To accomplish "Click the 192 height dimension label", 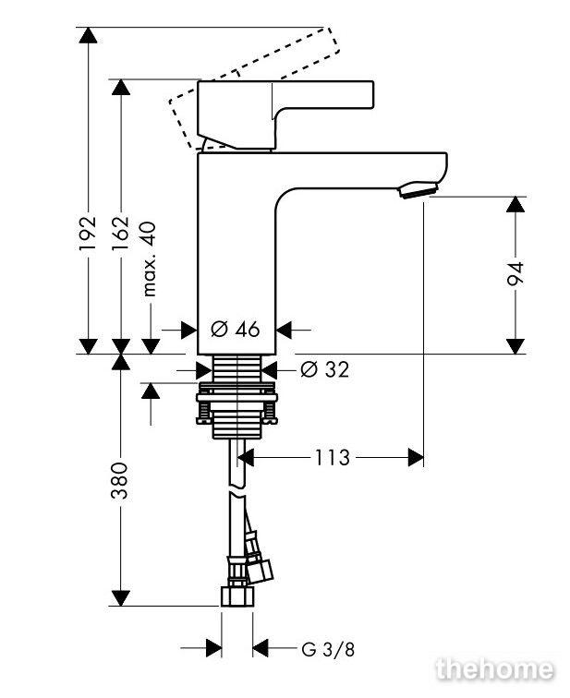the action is point(88,233).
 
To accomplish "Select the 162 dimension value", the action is point(121,234).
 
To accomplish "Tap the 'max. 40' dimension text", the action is point(150,259).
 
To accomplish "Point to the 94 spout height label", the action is point(515,274).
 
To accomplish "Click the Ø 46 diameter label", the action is point(236,330).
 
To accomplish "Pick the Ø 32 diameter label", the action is point(324,369).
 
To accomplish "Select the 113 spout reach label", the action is point(333,457).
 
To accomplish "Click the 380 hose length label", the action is point(120,480).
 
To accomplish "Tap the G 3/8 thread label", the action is point(328,649).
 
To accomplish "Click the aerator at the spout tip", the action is point(418,189).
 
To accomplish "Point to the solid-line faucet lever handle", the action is point(285,114).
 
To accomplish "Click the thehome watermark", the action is point(495,669).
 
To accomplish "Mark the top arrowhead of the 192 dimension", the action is point(88,35).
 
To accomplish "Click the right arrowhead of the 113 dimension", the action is point(416,458).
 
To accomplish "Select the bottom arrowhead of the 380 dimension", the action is point(121,598).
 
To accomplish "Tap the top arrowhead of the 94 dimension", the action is point(515,204).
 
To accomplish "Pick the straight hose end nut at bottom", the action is point(237,596).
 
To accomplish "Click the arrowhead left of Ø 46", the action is point(188,330).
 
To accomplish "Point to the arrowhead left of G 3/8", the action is point(214,648).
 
